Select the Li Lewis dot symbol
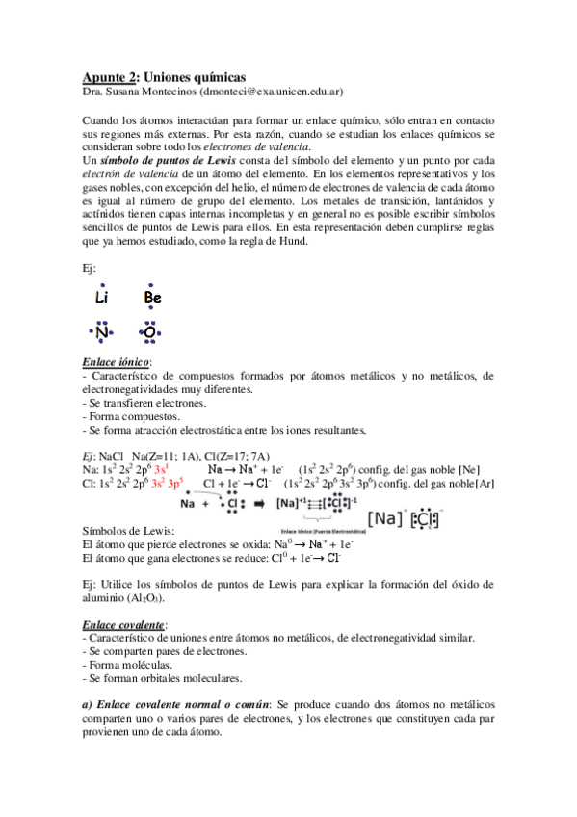click(x=103, y=298)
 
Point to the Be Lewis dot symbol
click(x=152, y=298)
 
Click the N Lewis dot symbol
click(x=102, y=333)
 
